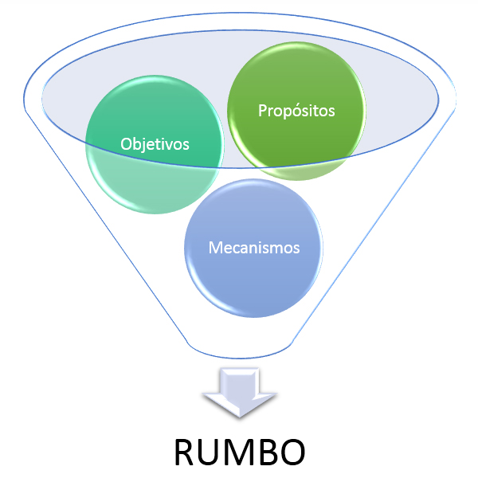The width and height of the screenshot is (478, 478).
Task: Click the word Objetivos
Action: click(x=155, y=144)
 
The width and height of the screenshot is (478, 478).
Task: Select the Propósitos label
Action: click(x=296, y=111)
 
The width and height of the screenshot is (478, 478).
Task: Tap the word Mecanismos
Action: click(x=254, y=247)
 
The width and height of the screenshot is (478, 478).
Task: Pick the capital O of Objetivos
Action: click(x=126, y=144)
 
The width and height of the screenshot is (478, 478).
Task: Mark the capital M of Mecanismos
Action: click(x=214, y=247)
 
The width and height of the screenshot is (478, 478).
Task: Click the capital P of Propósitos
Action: click(x=262, y=111)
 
